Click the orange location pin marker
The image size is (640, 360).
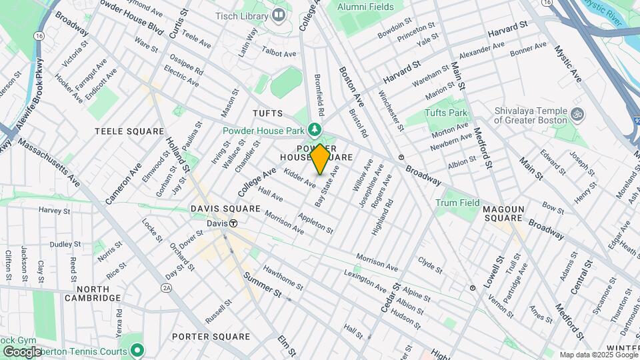320,159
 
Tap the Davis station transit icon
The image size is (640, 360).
233,223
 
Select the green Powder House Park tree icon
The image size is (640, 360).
314,130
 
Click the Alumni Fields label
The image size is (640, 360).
365,7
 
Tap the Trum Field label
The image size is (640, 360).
457,203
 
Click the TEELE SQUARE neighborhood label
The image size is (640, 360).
129,131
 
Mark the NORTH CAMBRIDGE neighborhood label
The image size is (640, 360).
92,293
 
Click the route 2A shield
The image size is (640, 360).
166,287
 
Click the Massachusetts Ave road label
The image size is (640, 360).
50,163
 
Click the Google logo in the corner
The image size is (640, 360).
21,351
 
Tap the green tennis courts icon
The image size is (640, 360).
137,349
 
